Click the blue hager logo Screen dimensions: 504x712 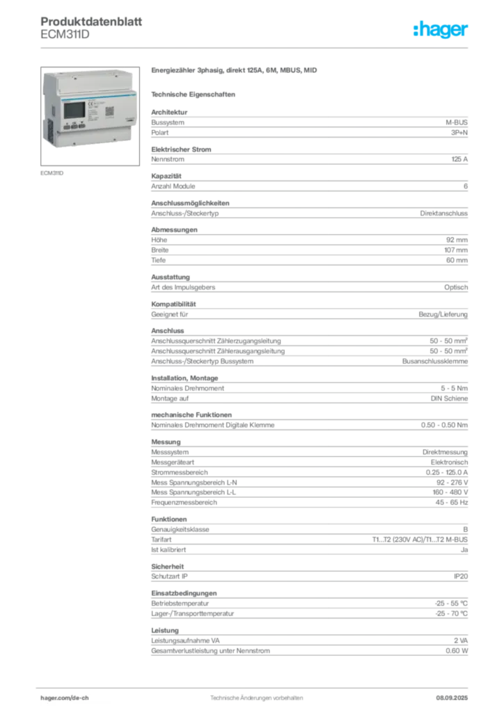[x=441, y=31]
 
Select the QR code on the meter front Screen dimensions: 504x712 [x=109, y=111]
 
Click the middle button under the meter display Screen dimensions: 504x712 [x=73, y=127]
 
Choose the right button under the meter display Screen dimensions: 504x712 [x=81, y=127]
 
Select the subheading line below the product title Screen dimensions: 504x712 [x=195, y=93]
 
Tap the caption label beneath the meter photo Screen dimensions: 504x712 [x=52, y=172]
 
